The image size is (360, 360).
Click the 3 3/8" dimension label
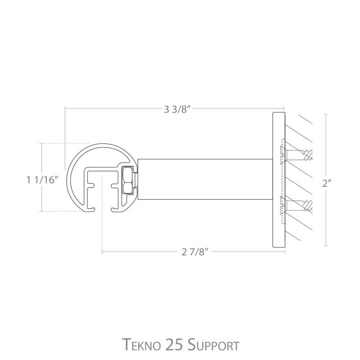[x=177, y=109]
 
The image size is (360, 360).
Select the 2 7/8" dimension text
[x=195, y=252]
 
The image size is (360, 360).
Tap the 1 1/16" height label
[x=41, y=180]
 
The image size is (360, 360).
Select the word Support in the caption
[x=213, y=344]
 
